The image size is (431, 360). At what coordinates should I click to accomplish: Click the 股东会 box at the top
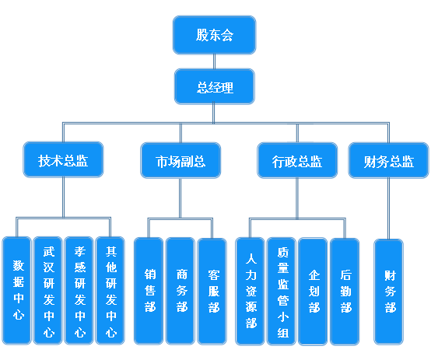215,35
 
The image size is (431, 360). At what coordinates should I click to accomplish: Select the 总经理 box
215,86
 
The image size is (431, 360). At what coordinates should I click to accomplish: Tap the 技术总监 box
63,159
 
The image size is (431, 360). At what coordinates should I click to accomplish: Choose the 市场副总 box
180,160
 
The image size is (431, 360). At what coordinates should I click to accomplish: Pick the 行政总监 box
297,160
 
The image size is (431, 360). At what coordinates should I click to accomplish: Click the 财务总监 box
388,160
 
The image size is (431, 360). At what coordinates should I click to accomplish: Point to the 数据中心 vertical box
17,291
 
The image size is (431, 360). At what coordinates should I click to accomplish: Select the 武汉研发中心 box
47,291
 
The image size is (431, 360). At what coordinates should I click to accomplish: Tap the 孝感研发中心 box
79,291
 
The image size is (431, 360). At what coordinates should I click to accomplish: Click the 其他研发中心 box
110,291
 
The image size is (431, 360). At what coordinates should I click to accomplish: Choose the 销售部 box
149,292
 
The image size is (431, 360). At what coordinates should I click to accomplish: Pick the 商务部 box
180,292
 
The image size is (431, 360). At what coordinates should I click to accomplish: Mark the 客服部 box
212,292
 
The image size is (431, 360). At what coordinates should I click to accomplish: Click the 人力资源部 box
251,292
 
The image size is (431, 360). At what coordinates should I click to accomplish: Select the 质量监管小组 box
282,292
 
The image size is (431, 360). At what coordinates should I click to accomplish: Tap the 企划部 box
313,292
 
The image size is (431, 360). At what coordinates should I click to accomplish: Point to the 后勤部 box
345,292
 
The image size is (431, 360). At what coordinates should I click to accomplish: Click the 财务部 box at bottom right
389,292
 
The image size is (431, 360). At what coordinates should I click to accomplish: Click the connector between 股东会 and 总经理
214,61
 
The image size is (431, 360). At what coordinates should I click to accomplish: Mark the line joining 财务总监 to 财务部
388,208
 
